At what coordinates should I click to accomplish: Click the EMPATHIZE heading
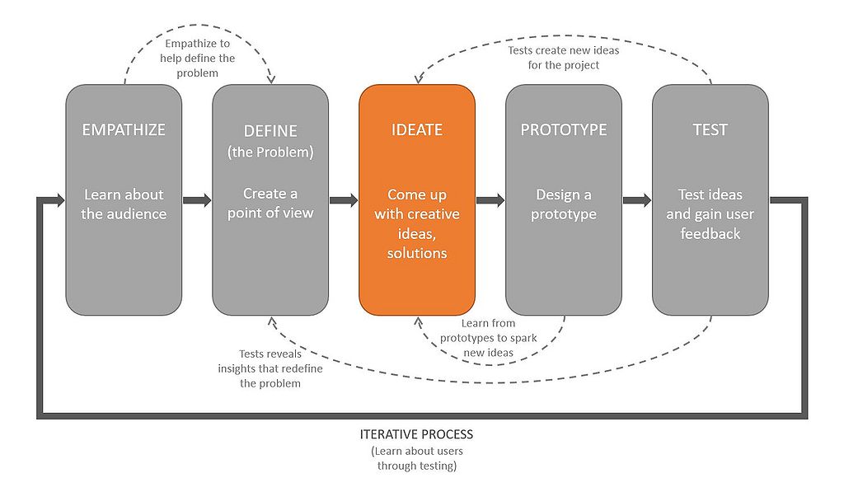124,129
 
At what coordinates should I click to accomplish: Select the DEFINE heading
270,131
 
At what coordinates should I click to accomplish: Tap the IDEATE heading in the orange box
416,129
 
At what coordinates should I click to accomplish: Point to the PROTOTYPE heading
563,129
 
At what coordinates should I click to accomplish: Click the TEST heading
710,129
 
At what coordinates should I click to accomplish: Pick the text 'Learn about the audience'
124,204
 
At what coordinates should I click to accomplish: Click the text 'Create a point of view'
270,203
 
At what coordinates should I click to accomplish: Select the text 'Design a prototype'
563,204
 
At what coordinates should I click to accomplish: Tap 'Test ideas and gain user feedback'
710,214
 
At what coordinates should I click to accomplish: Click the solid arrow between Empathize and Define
197,199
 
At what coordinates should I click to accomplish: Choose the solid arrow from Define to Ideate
344,199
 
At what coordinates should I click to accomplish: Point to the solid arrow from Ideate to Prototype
490,199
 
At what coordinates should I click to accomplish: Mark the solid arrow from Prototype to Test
637,199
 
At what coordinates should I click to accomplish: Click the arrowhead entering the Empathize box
58,199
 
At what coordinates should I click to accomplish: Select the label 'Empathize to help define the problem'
198,58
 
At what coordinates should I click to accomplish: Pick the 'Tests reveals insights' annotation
270,368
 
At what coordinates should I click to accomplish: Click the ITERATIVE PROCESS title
417,433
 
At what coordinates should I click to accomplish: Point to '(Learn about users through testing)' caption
417,458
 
